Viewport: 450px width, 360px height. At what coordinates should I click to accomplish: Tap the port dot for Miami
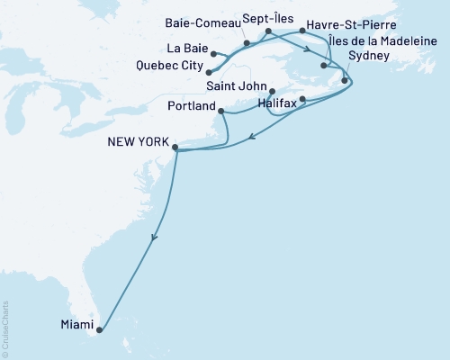coord(99,330)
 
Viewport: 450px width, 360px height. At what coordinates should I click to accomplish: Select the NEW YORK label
coord(137,141)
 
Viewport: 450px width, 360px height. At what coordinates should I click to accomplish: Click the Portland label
coord(187,105)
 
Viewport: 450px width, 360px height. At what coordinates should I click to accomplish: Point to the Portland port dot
coord(220,110)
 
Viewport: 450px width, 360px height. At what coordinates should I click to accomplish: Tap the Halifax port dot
coord(303,99)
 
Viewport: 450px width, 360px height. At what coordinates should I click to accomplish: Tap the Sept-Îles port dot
coord(267,32)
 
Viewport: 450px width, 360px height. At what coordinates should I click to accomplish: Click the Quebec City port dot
coord(209,72)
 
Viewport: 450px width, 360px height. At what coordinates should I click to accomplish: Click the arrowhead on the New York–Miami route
coord(155,238)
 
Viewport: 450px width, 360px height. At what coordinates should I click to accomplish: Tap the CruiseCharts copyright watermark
coord(5,328)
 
